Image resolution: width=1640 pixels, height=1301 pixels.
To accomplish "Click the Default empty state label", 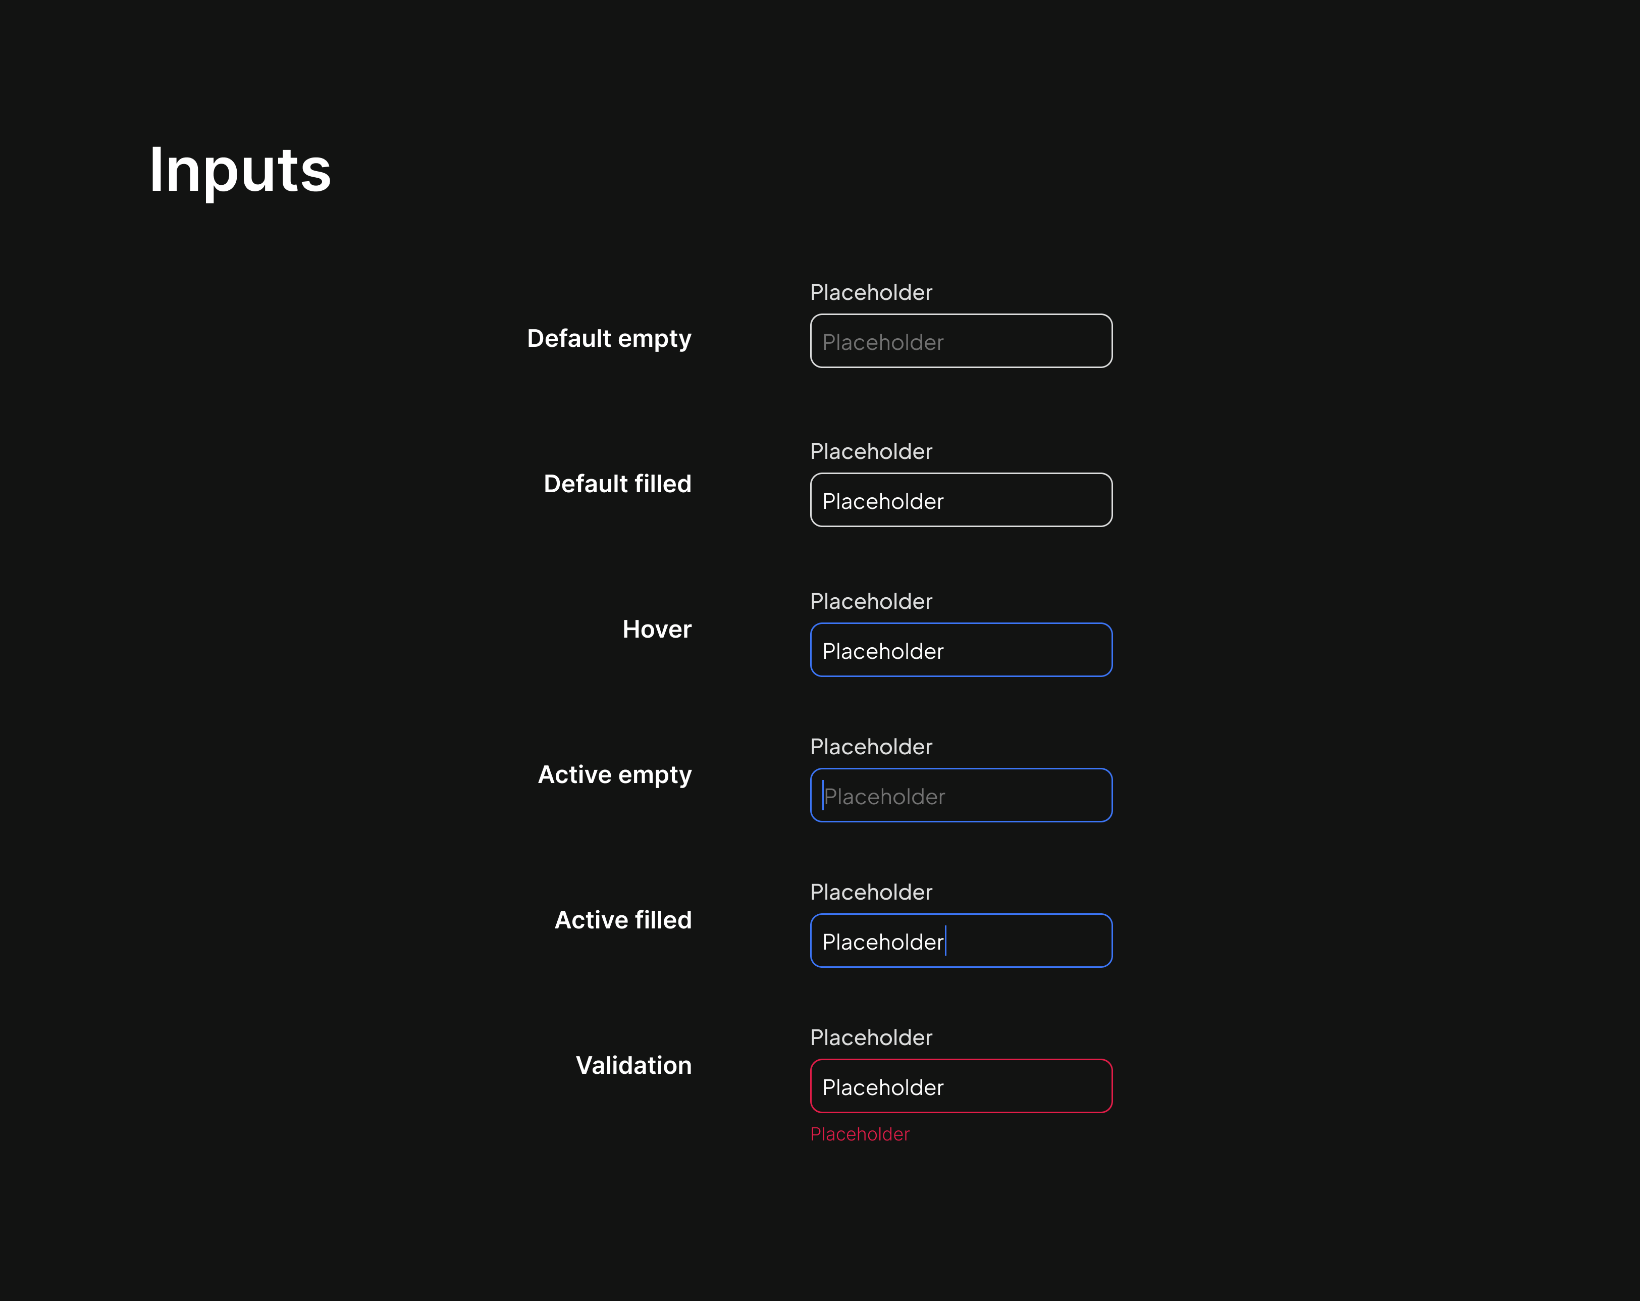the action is [609, 339].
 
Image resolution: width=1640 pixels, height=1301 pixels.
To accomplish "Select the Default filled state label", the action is [618, 484].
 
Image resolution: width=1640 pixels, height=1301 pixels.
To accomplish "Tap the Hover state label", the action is [657, 629].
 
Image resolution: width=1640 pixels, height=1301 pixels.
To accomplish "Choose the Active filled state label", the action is [623, 920].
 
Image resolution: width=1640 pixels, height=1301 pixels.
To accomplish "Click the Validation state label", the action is [633, 1065].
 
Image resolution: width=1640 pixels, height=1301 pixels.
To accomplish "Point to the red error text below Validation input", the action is [860, 1134].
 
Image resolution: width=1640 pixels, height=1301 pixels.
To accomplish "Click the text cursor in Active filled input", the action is [945, 941].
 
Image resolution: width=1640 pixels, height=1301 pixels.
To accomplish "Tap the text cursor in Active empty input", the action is [823, 795].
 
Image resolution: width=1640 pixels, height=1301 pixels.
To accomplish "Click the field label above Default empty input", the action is [871, 292].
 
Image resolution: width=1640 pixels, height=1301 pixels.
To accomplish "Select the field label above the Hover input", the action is [871, 601].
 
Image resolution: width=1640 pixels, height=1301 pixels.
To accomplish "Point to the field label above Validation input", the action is [871, 1037].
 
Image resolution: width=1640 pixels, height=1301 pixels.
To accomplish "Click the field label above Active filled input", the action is [871, 892].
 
